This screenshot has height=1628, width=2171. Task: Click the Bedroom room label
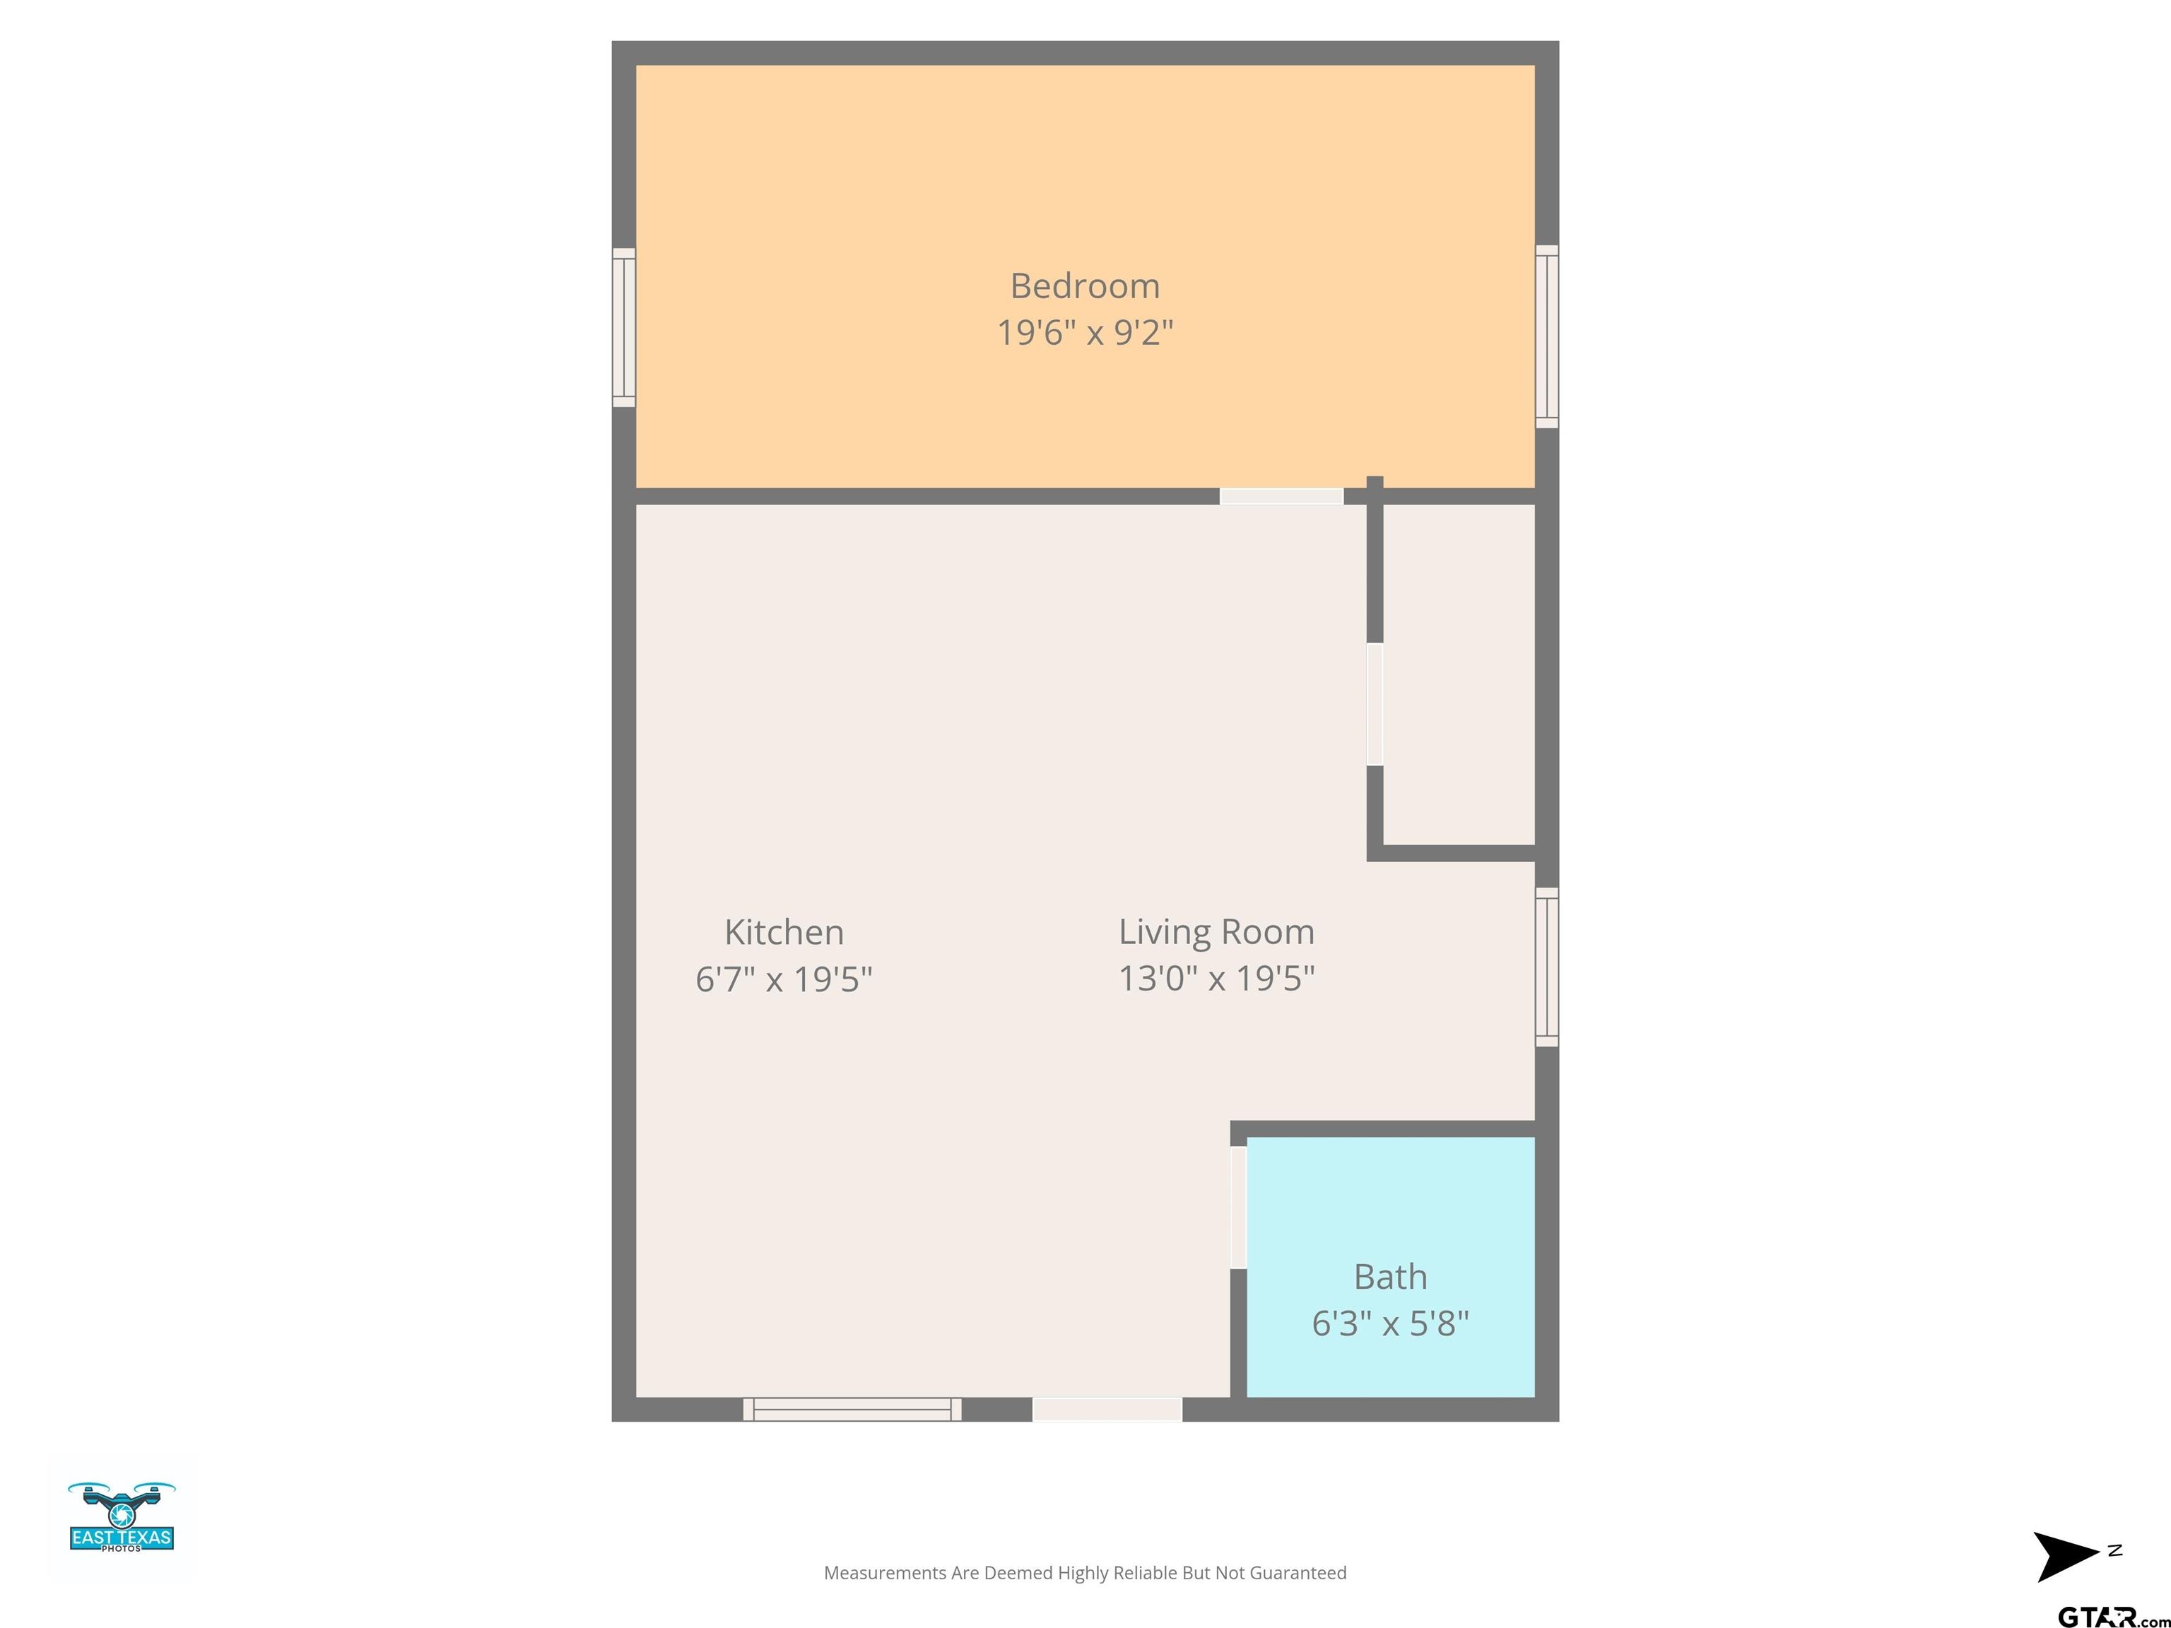coord(1085,287)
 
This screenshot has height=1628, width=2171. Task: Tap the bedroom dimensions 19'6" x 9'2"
coord(1085,333)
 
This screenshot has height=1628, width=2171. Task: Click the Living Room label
coord(1216,932)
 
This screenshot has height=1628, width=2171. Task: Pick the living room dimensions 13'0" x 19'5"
coord(1216,979)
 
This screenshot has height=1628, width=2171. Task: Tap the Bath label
coord(1390,1277)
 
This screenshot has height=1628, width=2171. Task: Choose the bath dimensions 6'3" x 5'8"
coord(1390,1323)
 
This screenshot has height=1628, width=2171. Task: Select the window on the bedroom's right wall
coord(1547,336)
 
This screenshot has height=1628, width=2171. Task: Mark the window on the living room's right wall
coord(1547,967)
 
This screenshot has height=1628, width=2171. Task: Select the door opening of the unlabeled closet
coord(1375,704)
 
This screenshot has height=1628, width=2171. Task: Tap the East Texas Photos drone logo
coord(122,1517)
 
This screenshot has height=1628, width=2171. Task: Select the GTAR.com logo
coord(2113,1616)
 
